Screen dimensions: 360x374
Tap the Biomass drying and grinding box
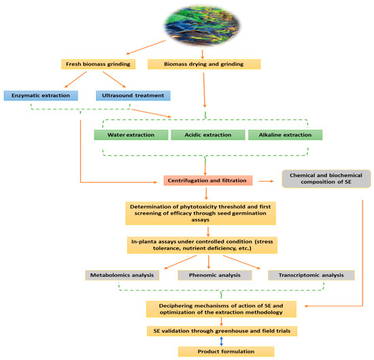pos(203,65)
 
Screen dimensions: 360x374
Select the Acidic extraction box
pos(205,135)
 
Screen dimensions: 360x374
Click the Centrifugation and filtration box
pos(207,180)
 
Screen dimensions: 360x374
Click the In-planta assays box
pos(207,244)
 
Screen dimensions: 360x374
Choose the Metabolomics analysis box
pos(122,276)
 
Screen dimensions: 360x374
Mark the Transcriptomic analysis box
pos(301,276)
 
